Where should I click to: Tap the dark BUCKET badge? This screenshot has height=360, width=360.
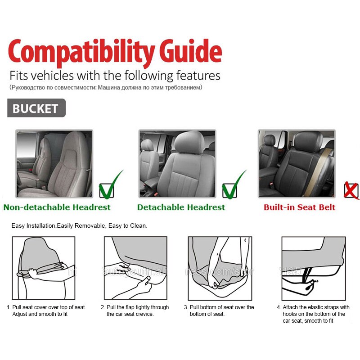(36, 108)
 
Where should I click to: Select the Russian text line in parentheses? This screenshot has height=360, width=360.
(105, 87)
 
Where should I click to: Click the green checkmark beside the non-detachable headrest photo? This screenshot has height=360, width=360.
(109, 185)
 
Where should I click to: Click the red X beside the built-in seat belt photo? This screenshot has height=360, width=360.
(351, 190)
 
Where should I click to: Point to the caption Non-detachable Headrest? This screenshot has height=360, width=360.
(57, 207)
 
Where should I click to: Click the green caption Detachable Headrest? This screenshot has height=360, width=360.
(181, 207)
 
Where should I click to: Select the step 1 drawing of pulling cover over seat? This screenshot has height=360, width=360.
(43, 268)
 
